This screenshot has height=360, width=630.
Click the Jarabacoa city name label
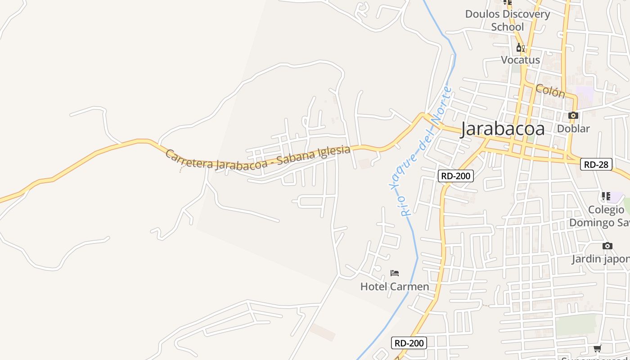502,129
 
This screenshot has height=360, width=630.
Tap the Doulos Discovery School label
507,20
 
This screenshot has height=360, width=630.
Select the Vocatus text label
520,60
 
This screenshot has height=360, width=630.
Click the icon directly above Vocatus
520,47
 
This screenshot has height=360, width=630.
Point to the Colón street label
550,91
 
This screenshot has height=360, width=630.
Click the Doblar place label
573,129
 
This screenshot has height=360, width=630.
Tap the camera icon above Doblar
573,116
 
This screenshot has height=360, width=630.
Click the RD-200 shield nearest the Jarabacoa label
456,176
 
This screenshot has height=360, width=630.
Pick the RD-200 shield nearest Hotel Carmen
409,343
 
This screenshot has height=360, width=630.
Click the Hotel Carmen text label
395,287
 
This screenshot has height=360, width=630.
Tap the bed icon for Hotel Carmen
395,273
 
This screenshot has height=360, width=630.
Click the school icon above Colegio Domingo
606,196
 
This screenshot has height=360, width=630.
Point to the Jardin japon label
601,259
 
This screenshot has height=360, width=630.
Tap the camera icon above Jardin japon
607,246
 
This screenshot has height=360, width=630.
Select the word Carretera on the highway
189,160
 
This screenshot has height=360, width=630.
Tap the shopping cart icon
597,349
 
